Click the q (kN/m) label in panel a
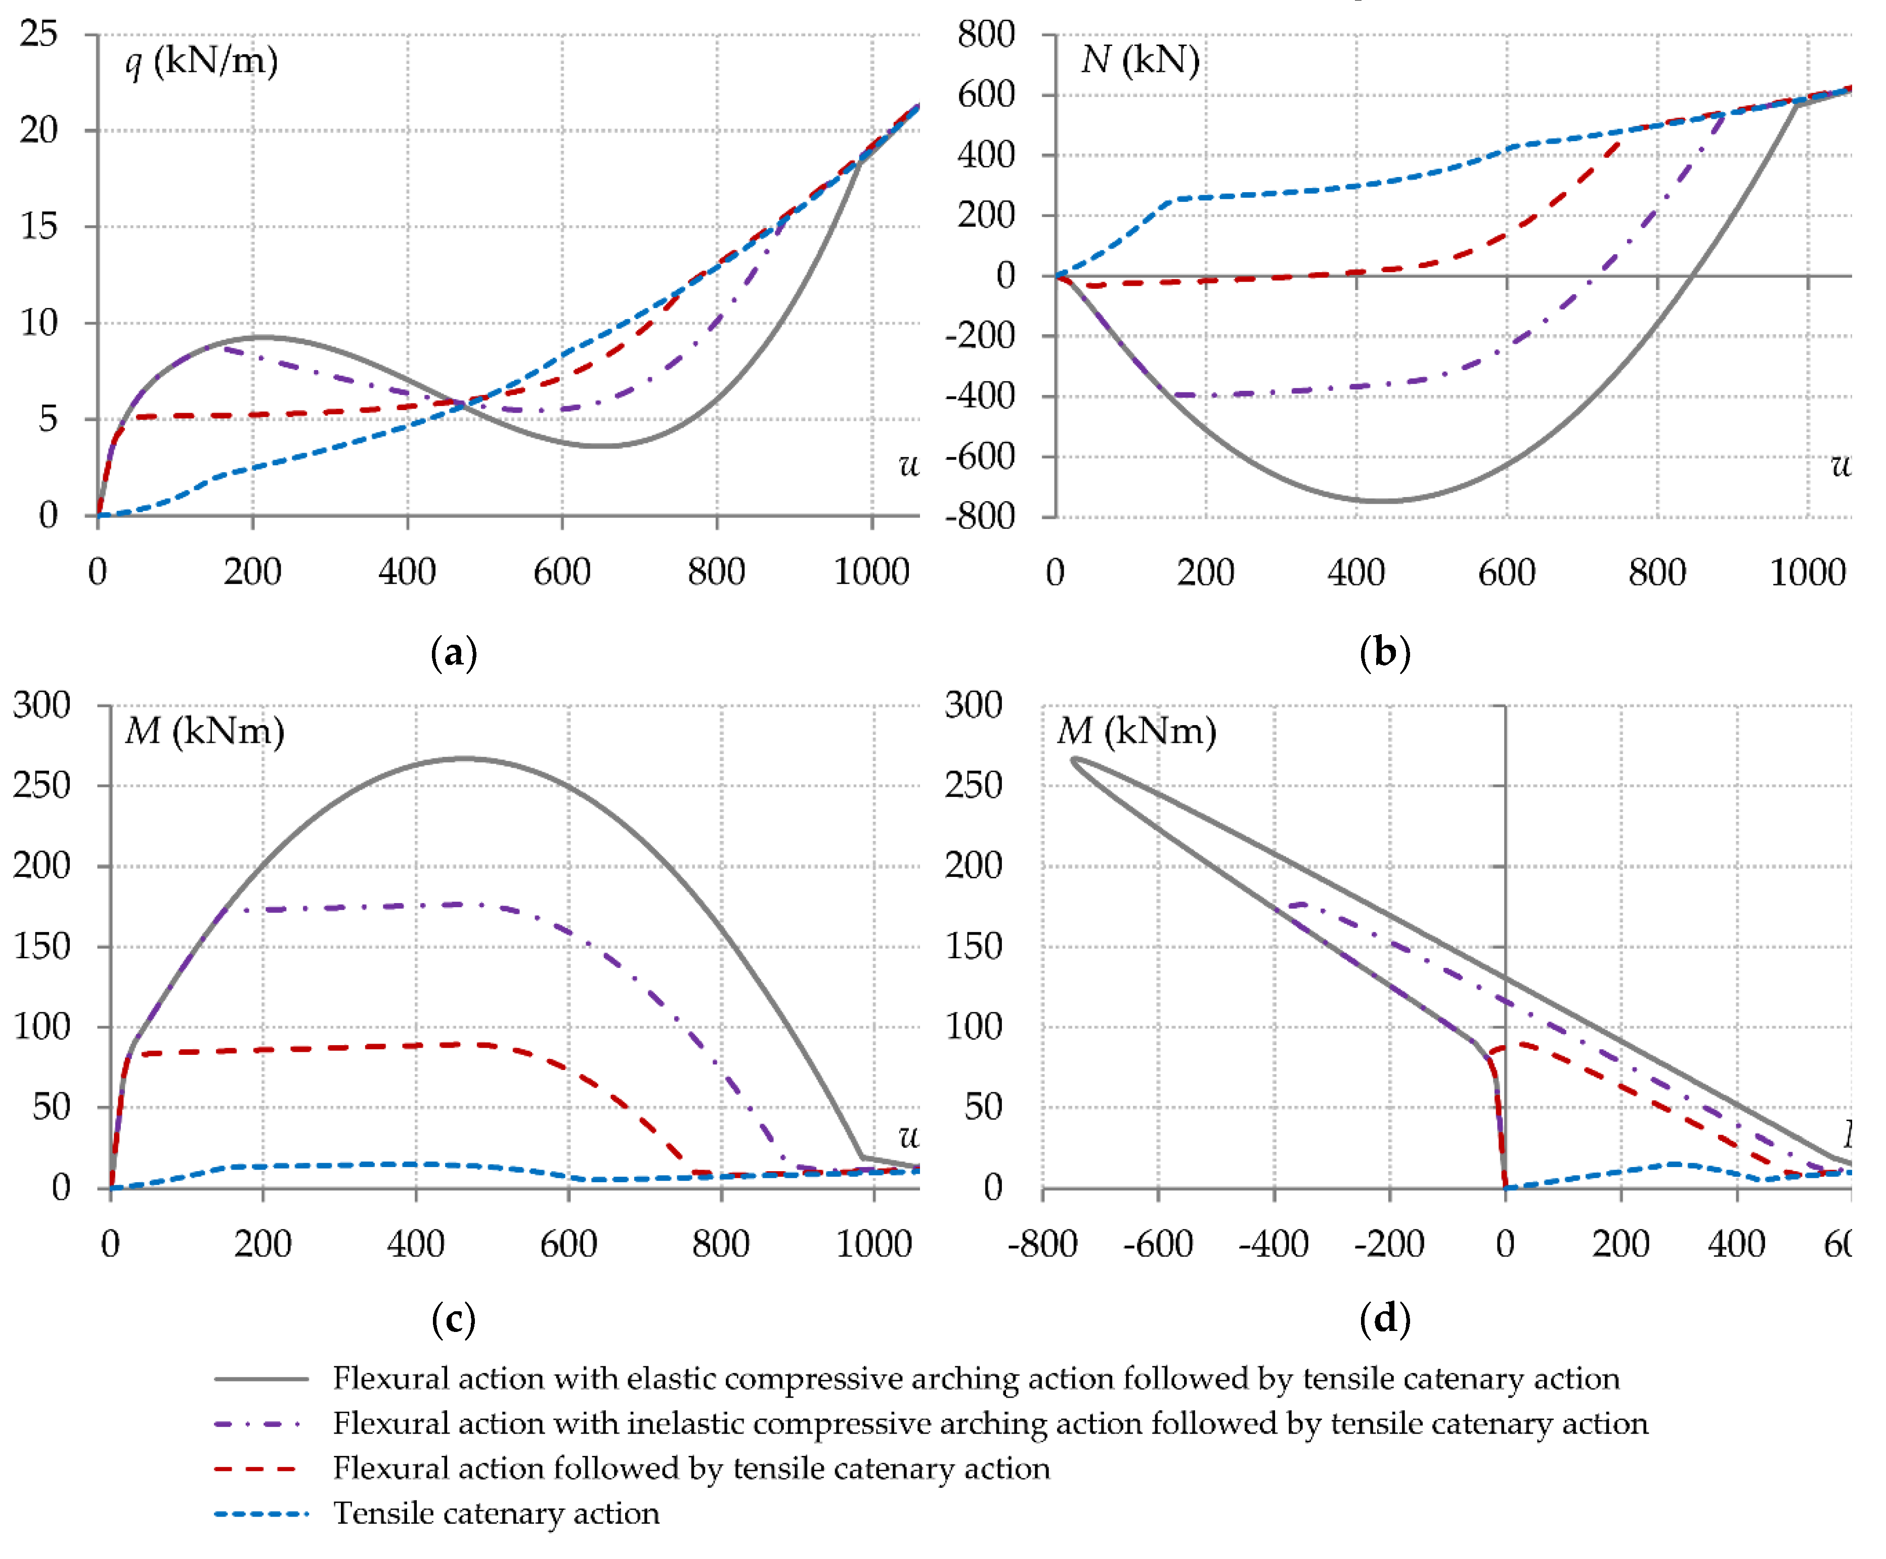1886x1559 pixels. click(x=201, y=61)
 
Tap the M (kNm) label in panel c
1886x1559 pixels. click(x=205, y=731)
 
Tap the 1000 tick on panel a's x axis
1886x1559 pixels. click(x=871, y=572)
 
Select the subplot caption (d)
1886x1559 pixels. click(x=1385, y=1318)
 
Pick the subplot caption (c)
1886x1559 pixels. click(x=454, y=1318)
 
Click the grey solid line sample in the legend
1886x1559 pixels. click(x=260, y=1378)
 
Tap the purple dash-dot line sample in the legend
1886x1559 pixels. click(x=260, y=1423)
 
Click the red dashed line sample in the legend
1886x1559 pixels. click(x=260, y=1468)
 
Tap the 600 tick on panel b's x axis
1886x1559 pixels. click(x=1506, y=572)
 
